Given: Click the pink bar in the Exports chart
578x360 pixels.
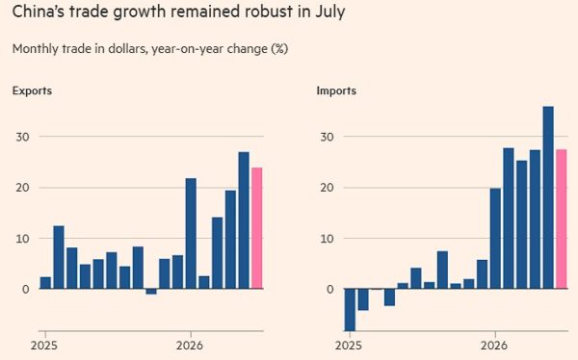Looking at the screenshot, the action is coord(257,228).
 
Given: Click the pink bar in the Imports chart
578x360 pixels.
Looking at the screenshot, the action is coord(562,219).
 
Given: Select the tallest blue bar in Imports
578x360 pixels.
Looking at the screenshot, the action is coord(548,197).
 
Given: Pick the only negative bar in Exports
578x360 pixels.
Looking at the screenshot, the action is coord(151,292).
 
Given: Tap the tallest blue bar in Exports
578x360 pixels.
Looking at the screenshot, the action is coord(244,220).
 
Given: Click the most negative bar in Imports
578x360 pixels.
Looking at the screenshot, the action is coord(350,310).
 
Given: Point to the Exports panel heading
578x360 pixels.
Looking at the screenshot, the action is coord(32,90).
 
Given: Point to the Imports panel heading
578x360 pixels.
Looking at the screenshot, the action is coord(336,90).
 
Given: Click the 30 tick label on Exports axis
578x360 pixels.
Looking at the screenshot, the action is coord(22,137).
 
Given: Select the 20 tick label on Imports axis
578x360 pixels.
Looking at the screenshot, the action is coord(327,188).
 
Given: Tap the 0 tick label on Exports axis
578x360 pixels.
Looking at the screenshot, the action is coord(25,290).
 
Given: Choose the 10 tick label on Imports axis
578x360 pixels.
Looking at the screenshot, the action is coord(327,239).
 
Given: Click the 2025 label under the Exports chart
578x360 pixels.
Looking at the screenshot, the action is coord(44,346).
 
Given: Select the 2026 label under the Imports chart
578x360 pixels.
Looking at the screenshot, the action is coord(494,346).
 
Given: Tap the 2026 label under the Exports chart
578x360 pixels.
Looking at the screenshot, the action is coord(190,346).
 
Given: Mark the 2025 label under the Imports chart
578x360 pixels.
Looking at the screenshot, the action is coord(349,346).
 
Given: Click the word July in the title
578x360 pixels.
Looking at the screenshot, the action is coord(329,12).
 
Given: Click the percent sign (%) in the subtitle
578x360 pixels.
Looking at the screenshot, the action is coord(279,49).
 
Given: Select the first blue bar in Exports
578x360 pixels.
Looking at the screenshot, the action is coord(45,283).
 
